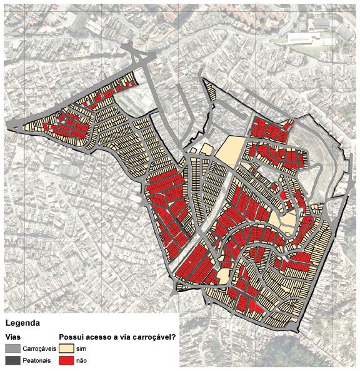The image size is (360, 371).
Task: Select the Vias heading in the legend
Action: click(x=14, y=337)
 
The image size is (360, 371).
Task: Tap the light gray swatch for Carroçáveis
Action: click(x=12, y=348)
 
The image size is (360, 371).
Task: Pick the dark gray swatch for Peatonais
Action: click(x=12, y=361)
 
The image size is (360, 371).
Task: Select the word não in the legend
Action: click(x=81, y=361)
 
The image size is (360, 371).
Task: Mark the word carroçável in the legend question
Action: click(x=152, y=337)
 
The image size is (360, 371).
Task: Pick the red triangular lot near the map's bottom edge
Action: click(x=254, y=306)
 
